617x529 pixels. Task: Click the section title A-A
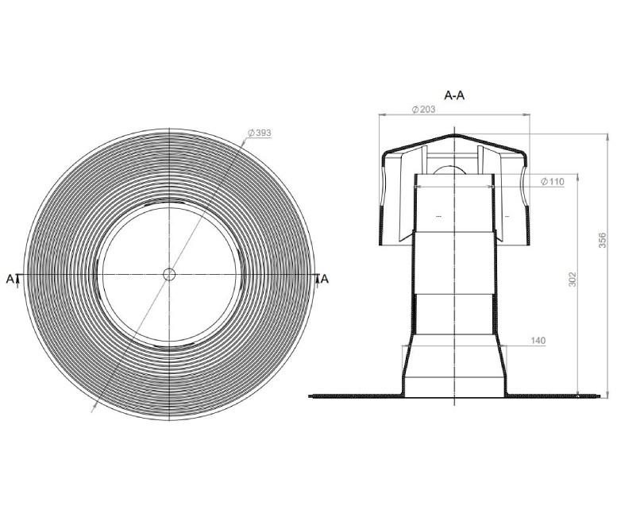pyautogui.click(x=454, y=95)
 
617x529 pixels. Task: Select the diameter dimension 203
pyautogui.click(x=423, y=110)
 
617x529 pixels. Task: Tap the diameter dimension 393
pyautogui.click(x=260, y=133)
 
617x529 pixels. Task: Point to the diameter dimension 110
pyautogui.click(x=553, y=181)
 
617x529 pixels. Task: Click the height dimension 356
pyautogui.click(x=603, y=240)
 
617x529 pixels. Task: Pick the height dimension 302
pyautogui.click(x=573, y=279)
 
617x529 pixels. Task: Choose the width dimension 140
pyautogui.click(x=538, y=341)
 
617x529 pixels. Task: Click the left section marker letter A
pyautogui.click(x=10, y=279)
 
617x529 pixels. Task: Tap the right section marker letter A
pyautogui.click(x=325, y=279)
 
